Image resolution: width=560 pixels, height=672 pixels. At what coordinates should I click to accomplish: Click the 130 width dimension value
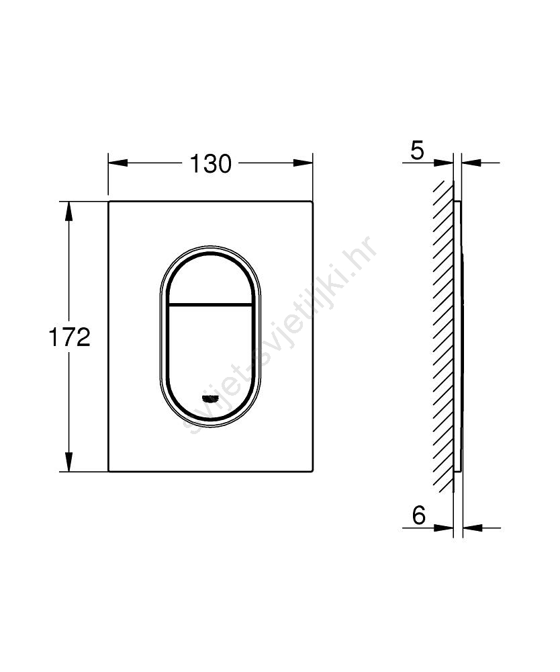click(210, 164)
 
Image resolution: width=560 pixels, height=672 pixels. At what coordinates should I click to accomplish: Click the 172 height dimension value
click(69, 337)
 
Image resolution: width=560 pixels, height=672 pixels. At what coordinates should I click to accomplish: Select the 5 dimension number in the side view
click(417, 151)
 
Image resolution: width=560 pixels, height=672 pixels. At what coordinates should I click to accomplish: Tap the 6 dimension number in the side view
click(419, 515)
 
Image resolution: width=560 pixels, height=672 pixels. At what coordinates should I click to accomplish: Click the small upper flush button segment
click(210, 280)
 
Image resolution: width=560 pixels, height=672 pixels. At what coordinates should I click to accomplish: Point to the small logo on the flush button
click(210, 399)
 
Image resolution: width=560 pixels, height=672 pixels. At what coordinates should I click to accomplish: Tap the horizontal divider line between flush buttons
click(210, 304)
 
